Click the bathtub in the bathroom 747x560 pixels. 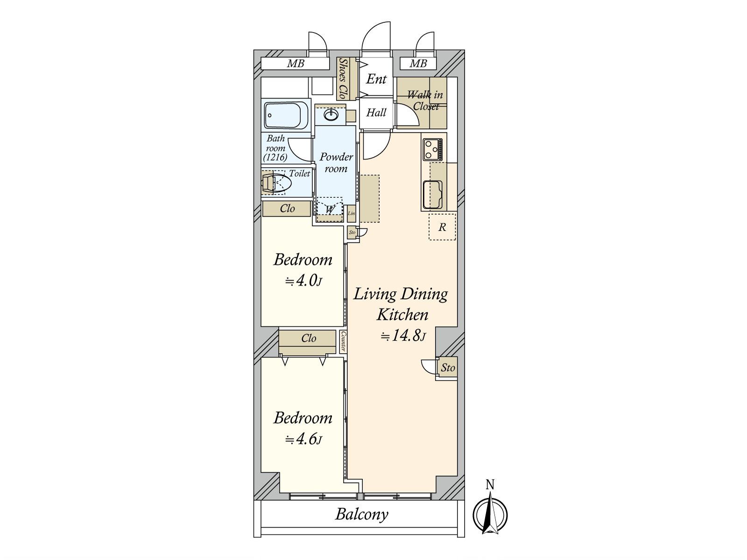[286, 115]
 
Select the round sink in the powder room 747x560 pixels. [331, 115]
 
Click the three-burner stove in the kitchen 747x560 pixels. [432, 149]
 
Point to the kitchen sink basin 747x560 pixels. [432, 195]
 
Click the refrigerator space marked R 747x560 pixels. [442, 227]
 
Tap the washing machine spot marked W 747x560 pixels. [330, 210]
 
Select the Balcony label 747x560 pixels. [361, 514]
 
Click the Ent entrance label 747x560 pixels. [376, 79]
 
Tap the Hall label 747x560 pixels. [376, 112]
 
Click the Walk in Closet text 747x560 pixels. [425, 100]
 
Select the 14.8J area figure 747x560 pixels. [403, 336]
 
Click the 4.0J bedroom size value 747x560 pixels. [303, 281]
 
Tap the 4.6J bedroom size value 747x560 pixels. [303, 439]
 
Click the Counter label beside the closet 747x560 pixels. [343, 342]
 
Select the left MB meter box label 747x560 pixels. [296, 63]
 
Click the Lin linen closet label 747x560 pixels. [351, 214]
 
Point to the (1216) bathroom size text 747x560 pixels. [275, 157]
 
